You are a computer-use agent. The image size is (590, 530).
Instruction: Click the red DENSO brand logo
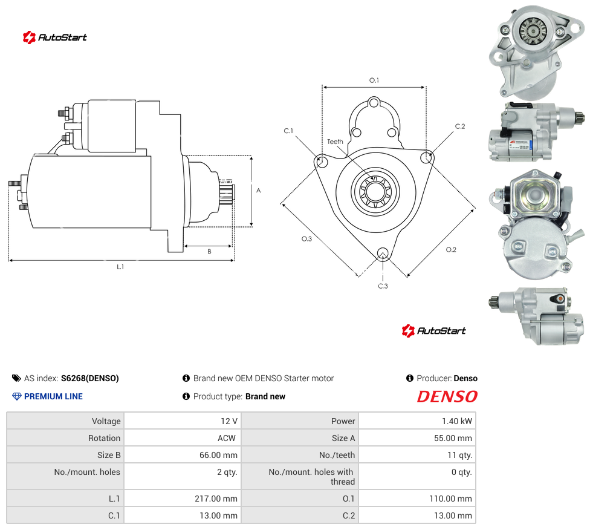tap(447, 397)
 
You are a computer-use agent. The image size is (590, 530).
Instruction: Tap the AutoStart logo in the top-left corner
tap(54, 38)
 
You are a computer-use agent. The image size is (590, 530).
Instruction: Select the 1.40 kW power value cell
tap(417, 421)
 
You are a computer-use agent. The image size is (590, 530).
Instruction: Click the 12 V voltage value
tap(229, 421)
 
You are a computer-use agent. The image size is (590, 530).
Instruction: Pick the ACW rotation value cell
tap(183, 438)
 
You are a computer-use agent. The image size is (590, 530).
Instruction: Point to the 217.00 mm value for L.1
tap(216, 499)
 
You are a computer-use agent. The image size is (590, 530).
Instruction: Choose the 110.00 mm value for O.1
tap(450, 499)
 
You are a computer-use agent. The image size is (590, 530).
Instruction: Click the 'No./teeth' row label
tap(337, 455)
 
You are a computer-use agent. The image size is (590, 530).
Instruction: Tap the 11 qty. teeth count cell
tap(417, 455)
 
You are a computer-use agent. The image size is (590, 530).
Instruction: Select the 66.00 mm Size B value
tap(218, 455)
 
